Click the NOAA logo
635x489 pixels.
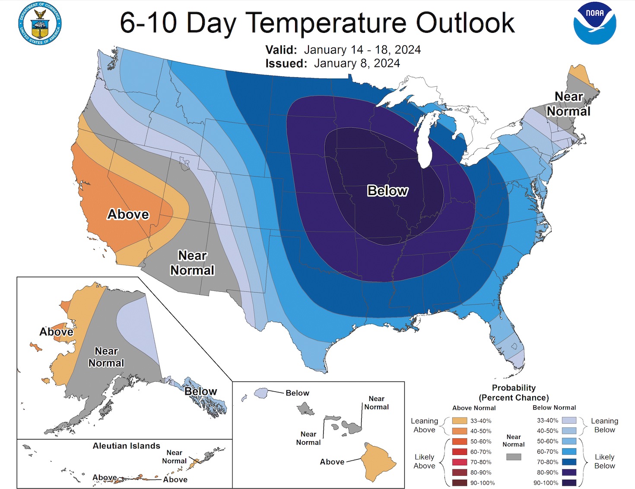click(x=595, y=23)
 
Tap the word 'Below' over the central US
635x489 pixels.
click(x=387, y=191)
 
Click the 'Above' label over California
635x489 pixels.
click(x=128, y=214)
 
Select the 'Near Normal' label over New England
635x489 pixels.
click(x=568, y=104)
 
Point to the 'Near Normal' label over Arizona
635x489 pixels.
click(x=192, y=263)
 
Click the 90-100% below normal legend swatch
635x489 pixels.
click(x=569, y=483)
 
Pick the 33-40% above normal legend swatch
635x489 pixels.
click(x=460, y=420)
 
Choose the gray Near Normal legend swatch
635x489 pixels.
click(x=513, y=457)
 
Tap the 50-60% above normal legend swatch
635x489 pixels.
click(x=460, y=441)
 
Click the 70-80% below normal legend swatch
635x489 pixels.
click(x=569, y=462)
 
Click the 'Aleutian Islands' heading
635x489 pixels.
click(x=126, y=446)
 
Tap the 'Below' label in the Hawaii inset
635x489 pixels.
click(x=297, y=393)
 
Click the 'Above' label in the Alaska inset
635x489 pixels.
click(x=56, y=332)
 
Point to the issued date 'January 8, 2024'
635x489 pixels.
click(x=357, y=63)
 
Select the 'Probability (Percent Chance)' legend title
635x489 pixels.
click(x=514, y=393)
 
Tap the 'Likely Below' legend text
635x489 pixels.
click(x=604, y=461)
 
